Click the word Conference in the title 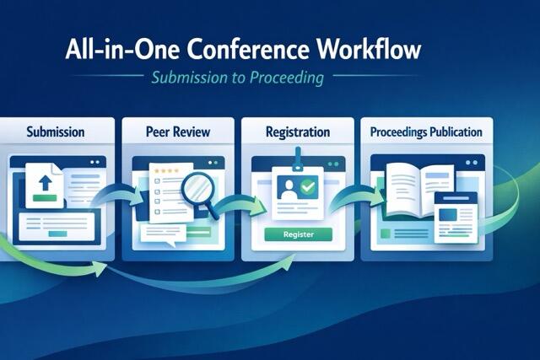(248, 49)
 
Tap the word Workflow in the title (369, 49)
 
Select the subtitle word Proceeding (287, 78)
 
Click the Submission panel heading (56, 132)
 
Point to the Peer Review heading (178, 132)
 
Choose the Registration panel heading (298, 132)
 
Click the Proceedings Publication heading (426, 132)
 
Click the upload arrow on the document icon (45, 182)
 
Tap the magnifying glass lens (197, 188)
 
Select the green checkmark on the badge (307, 187)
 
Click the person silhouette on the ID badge (289, 190)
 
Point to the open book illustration (418, 190)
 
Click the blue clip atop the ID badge (298, 159)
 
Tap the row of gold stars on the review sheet (167, 170)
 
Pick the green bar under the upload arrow (45, 198)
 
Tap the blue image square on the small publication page (448, 216)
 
